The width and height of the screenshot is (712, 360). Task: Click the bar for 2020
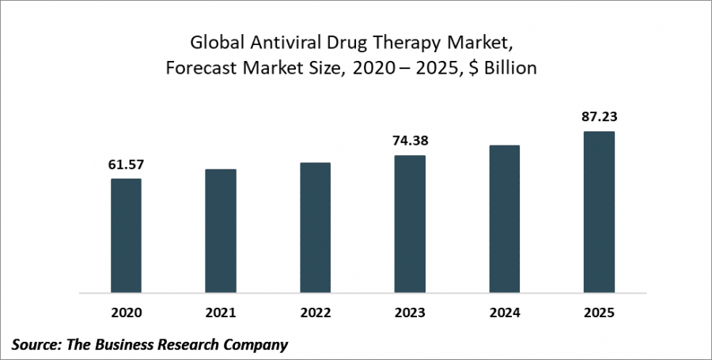point(126,236)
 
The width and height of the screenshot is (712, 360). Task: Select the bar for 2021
point(221,231)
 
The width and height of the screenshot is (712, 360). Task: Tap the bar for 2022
point(315,228)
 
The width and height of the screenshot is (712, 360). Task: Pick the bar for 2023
point(410,224)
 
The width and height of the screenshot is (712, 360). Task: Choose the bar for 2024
point(504,219)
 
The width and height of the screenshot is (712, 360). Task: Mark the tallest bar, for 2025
point(599,212)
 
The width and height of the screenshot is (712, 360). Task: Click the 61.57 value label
point(126,165)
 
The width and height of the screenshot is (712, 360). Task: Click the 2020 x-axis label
point(126,313)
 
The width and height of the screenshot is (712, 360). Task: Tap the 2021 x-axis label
point(221,313)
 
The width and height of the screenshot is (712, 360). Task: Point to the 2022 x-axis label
point(315,313)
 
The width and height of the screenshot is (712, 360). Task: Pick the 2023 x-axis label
point(410,313)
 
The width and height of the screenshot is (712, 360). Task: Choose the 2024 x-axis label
point(504,313)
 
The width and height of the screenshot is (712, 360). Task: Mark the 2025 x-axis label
point(599,313)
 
